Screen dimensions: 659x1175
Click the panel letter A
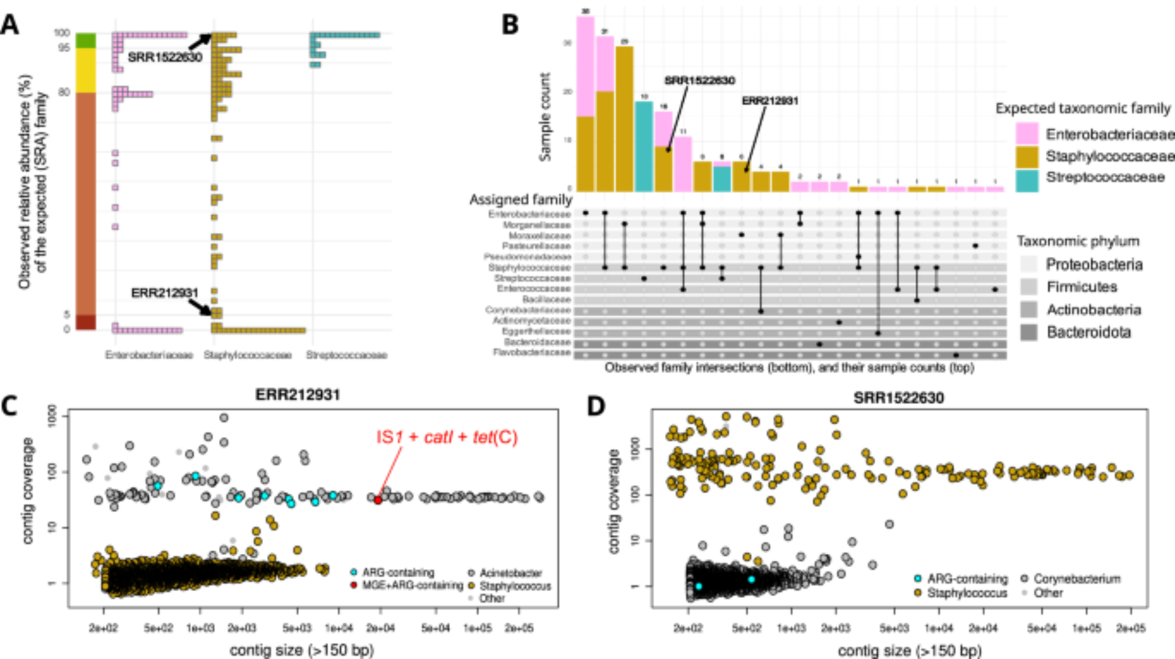click(x=10, y=25)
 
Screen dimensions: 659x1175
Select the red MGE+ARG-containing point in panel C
click(x=378, y=500)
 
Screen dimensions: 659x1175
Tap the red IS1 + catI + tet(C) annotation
click(x=446, y=437)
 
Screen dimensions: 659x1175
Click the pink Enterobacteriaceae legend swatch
click(x=1026, y=134)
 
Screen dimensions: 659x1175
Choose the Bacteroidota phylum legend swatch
click(x=1029, y=333)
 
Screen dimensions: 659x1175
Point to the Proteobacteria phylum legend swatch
click(x=1029, y=265)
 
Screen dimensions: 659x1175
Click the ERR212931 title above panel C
click(x=297, y=394)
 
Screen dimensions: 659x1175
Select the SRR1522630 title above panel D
click(x=898, y=398)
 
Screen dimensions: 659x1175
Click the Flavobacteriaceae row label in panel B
click(x=532, y=353)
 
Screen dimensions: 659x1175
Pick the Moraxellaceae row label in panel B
click(x=539, y=236)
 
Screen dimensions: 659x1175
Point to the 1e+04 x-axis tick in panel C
click(x=339, y=628)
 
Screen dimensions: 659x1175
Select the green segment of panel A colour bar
click(x=86, y=41)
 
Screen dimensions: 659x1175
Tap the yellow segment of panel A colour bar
click(x=86, y=70)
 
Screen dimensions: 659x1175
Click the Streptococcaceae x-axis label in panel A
click(x=347, y=355)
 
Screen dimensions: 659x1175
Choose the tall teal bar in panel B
click(x=644, y=146)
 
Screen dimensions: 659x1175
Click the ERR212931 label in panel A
click(x=164, y=293)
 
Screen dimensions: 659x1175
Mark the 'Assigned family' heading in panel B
click(x=521, y=200)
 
